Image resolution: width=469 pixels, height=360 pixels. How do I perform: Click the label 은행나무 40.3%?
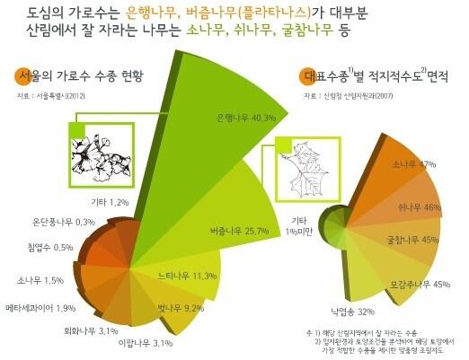(220, 118)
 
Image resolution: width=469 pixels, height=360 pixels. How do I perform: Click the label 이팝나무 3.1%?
(144, 343)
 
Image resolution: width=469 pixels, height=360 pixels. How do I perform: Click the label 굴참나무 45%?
(411, 241)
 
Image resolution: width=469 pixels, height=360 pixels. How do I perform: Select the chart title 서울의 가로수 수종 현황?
(85, 75)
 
